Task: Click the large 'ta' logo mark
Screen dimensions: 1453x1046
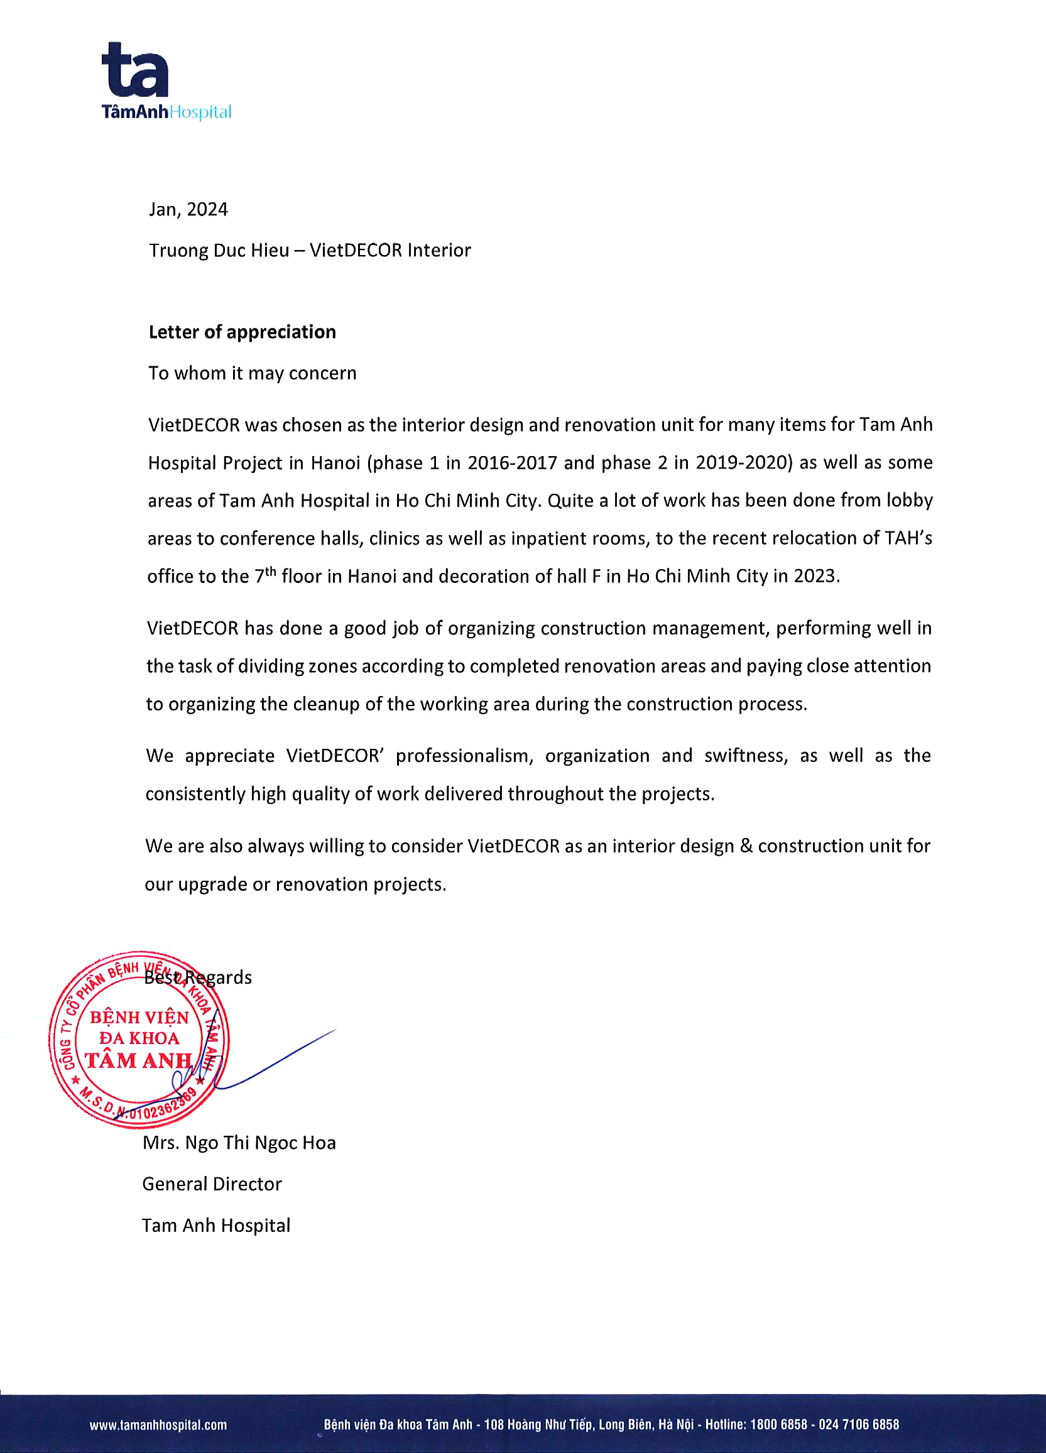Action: (135, 70)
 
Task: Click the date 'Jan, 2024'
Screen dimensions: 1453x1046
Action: (188, 209)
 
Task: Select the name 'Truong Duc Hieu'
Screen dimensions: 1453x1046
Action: (219, 250)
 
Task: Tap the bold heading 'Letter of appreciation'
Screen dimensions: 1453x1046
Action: (242, 332)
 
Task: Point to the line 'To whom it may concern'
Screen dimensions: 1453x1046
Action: (253, 373)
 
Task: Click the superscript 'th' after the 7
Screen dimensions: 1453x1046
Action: (270, 570)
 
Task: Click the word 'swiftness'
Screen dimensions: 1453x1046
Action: (745, 756)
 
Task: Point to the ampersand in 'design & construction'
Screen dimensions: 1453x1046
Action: (746, 846)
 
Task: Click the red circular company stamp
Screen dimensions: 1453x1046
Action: (138, 1039)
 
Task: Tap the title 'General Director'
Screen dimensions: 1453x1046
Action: (212, 1184)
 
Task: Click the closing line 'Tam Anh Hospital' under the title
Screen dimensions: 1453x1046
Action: (216, 1226)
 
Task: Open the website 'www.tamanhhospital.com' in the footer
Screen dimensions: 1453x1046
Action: (158, 1425)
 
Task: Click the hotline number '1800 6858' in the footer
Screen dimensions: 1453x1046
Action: (778, 1425)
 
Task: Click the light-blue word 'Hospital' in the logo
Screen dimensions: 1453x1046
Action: (200, 112)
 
